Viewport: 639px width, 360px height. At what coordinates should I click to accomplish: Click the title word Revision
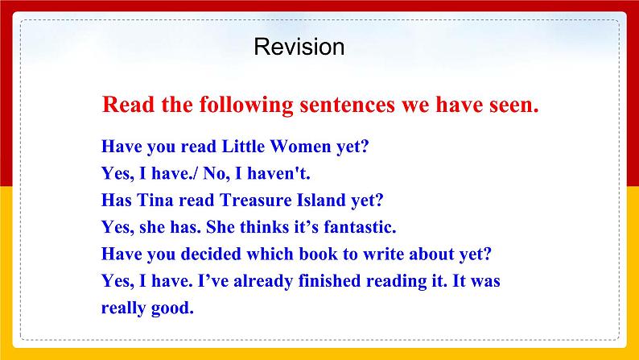[299, 47]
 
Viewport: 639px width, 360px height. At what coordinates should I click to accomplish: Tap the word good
[175, 308]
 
